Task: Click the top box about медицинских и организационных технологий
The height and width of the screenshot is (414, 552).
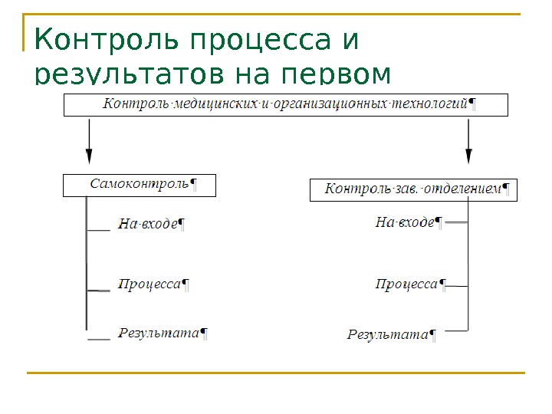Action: coord(285,104)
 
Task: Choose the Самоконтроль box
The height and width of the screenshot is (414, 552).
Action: coord(140,185)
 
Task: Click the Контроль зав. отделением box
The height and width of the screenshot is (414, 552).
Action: coord(413,189)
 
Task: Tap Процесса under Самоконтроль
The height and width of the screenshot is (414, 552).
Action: coord(150,284)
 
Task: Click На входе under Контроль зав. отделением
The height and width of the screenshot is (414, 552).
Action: coord(406,223)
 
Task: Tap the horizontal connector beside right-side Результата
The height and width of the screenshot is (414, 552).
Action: coord(457,331)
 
